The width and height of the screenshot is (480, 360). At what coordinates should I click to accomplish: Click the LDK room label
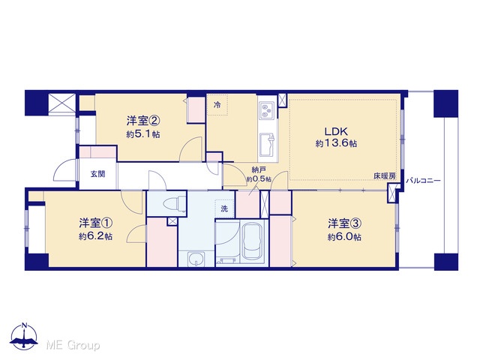(x=336, y=131)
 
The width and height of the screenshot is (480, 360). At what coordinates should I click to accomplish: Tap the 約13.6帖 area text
(x=336, y=143)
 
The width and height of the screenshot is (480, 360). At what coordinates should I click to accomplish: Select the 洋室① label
(x=95, y=223)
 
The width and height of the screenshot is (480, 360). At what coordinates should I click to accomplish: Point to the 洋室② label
(x=143, y=121)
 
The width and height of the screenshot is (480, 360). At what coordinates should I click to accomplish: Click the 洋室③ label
(x=345, y=223)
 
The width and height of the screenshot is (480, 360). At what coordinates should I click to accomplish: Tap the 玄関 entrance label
(x=98, y=174)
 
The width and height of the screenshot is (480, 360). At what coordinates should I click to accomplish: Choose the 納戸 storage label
(x=259, y=169)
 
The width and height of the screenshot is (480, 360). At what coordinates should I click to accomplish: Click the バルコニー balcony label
(x=423, y=181)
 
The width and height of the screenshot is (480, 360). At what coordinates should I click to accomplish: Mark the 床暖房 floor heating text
(x=385, y=176)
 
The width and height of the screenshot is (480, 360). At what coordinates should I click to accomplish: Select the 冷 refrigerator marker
(x=217, y=105)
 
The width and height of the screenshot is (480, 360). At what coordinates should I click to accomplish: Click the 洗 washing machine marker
(x=224, y=208)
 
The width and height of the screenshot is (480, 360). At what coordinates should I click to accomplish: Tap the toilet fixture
(x=175, y=203)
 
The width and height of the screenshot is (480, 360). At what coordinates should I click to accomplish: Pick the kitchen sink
(x=267, y=144)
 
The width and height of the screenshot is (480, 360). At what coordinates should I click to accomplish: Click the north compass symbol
(x=24, y=336)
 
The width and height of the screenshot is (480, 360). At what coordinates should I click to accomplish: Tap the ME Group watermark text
(x=73, y=345)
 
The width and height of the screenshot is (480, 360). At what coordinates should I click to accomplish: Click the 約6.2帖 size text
(x=95, y=236)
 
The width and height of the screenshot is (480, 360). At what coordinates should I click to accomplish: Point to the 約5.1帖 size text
(x=143, y=134)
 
